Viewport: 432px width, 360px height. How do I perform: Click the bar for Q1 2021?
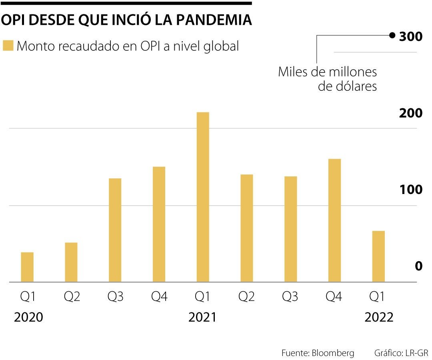pos(203,197)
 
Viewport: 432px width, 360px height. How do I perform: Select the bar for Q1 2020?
pos(27,267)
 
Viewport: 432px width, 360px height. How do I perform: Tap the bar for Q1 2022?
pos(378,256)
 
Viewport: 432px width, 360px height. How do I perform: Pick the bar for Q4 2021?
pos(334,220)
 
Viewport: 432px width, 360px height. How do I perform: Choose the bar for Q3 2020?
pos(115,230)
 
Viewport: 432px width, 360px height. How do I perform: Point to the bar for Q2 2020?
pos(71,262)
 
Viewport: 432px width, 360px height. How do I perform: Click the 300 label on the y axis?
pos(411,36)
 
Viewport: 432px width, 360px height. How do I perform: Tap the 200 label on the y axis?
pos(410,113)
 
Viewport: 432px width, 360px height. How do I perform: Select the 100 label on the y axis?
pos(410,190)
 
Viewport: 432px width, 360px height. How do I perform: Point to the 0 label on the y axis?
pos(418,266)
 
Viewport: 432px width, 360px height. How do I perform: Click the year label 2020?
pos(28,318)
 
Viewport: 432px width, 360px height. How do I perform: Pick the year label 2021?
pos(202,318)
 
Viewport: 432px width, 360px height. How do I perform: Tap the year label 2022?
pos(379,318)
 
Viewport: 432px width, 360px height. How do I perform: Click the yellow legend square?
pos(8,46)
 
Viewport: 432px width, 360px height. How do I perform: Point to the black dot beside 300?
pos(392,36)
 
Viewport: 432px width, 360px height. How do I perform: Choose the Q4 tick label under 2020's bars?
pos(158,297)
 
